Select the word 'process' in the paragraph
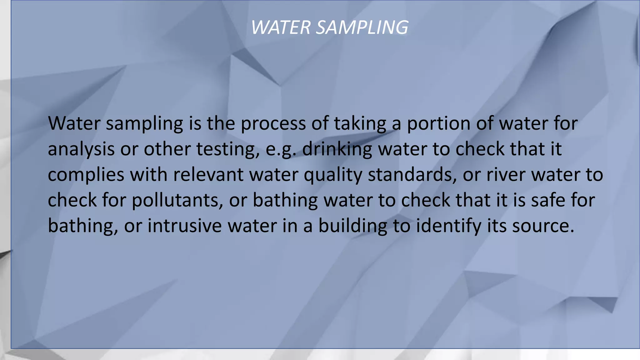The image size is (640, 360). click(273, 123)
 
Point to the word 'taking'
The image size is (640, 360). click(360, 123)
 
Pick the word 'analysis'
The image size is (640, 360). click(81, 149)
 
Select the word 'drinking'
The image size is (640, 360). click(337, 149)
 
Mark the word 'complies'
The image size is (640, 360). click(86, 174)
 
